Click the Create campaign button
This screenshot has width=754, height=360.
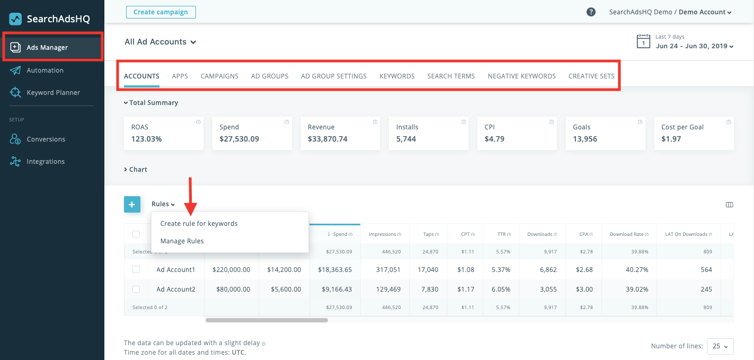tap(161, 12)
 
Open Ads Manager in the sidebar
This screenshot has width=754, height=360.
tap(47, 48)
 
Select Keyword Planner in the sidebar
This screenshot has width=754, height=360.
tap(53, 93)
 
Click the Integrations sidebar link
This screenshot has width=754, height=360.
tap(46, 162)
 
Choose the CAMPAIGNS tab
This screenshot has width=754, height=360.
tap(219, 76)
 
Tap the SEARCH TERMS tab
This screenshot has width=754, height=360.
tap(451, 76)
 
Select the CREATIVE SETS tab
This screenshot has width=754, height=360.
tap(591, 76)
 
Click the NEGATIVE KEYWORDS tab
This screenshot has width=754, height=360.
tap(521, 76)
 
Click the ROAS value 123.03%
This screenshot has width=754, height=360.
tap(146, 139)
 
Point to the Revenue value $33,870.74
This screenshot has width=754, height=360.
tap(327, 139)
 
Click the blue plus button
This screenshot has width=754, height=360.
tap(132, 204)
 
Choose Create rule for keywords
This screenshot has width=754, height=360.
tap(199, 224)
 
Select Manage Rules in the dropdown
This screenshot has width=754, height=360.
tap(182, 241)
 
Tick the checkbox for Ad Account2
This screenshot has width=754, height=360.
tap(136, 289)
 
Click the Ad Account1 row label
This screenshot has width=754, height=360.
tap(176, 270)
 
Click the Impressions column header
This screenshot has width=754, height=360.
tap(383, 234)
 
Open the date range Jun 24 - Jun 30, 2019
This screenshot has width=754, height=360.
tap(694, 46)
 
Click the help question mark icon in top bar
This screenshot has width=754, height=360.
tap(591, 12)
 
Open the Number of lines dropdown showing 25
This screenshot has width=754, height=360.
tap(719, 346)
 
